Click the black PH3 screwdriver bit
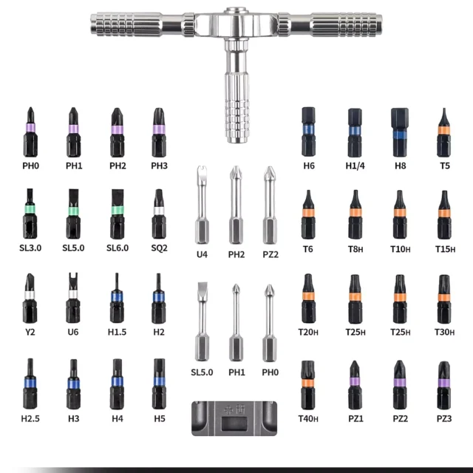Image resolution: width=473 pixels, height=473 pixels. pyautogui.click(x=159, y=132)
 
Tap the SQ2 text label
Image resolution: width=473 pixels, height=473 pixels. pyautogui.click(x=159, y=248)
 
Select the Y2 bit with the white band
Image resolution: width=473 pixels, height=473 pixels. pyautogui.click(x=30, y=298)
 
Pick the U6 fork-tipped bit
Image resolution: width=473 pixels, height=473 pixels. pyautogui.click(x=73, y=297)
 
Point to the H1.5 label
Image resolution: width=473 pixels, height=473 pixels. pyautogui.click(x=117, y=332)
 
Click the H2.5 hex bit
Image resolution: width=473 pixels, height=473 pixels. pyautogui.click(x=30, y=384)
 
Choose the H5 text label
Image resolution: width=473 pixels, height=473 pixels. pyautogui.click(x=160, y=418)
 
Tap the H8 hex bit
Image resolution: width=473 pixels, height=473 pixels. pyautogui.click(x=400, y=132)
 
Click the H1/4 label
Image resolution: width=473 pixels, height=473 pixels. pyautogui.click(x=355, y=166)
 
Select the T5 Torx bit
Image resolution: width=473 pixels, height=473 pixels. pyautogui.click(x=443, y=132)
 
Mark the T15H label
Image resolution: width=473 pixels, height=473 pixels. pyautogui.click(x=445, y=249)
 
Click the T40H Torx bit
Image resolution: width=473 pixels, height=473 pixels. pyautogui.click(x=307, y=384)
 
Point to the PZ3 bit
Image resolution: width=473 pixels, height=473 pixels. pyautogui.click(x=443, y=385)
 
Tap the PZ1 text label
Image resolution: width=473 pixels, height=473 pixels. pyautogui.click(x=355, y=418)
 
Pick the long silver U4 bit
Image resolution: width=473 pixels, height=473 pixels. pyautogui.click(x=202, y=205)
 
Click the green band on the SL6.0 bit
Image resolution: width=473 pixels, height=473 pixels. pyautogui.click(x=118, y=210)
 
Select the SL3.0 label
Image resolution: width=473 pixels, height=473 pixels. pyautogui.click(x=30, y=248)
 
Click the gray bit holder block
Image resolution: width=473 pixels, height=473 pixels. pyautogui.click(x=234, y=418)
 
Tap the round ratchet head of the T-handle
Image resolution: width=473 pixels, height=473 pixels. pyautogui.click(x=236, y=24)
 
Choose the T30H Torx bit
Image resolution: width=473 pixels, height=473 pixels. pyautogui.click(x=443, y=299)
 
